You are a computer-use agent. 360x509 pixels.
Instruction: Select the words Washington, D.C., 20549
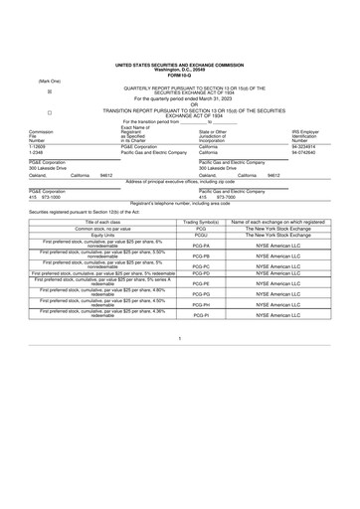[180, 68]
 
